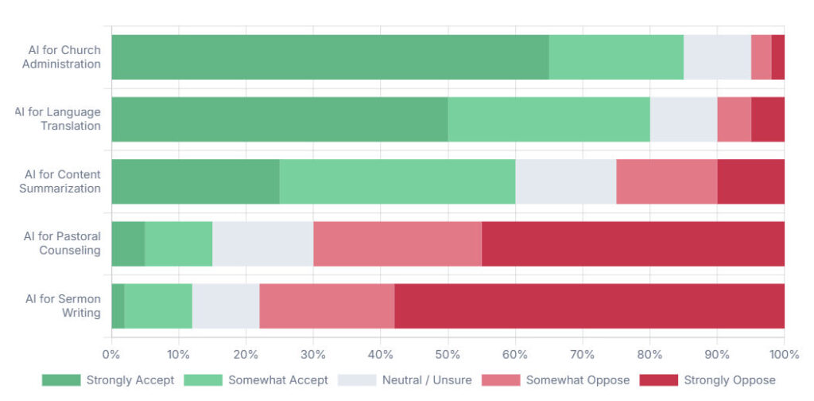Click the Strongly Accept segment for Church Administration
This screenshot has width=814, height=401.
[330, 56]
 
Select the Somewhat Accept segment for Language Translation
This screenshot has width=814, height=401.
[548, 119]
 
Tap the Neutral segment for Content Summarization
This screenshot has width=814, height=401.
[565, 181]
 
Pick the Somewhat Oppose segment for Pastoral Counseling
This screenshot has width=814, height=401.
[397, 243]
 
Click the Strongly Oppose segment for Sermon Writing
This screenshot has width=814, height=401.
[589, 306]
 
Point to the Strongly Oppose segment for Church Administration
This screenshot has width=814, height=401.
[777, 56]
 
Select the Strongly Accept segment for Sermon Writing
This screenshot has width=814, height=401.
[118, 306]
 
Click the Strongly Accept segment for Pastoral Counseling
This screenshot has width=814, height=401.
[128, 243]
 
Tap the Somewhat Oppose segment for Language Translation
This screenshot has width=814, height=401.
[734, 119]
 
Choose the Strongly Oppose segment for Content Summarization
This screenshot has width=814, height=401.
[750, 181]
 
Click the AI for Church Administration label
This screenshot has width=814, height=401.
[62, 56]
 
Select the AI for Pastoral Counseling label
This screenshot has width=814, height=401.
[62, 243]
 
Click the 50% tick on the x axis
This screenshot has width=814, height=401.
[448, 353]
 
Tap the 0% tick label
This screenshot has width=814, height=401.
[111, 353]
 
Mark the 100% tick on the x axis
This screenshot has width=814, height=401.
[784, 353]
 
